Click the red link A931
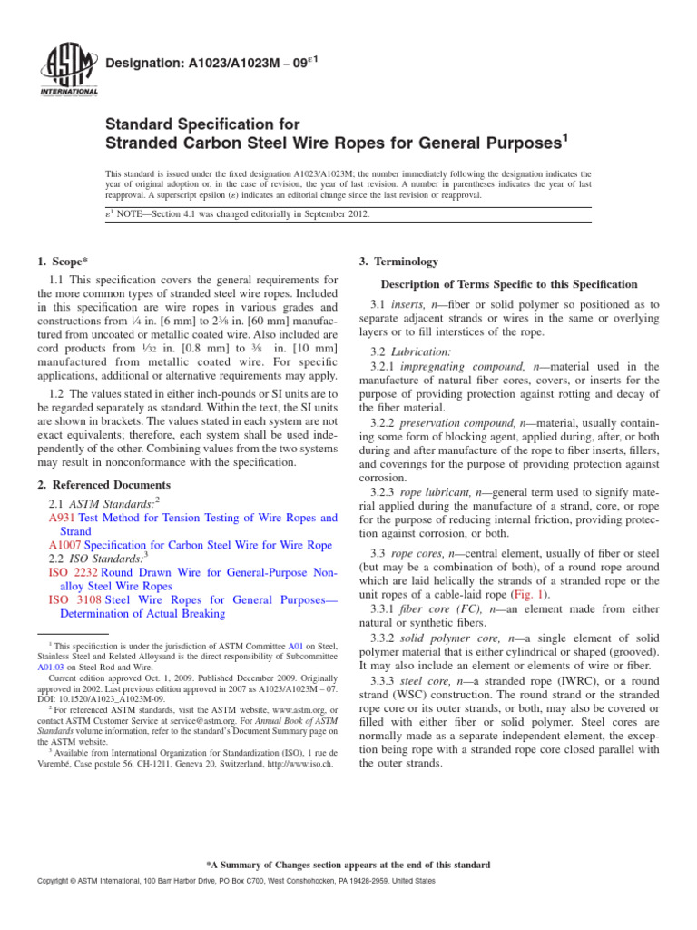[62, 518]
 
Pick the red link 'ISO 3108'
[73, 599]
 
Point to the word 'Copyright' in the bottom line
[53, 882]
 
